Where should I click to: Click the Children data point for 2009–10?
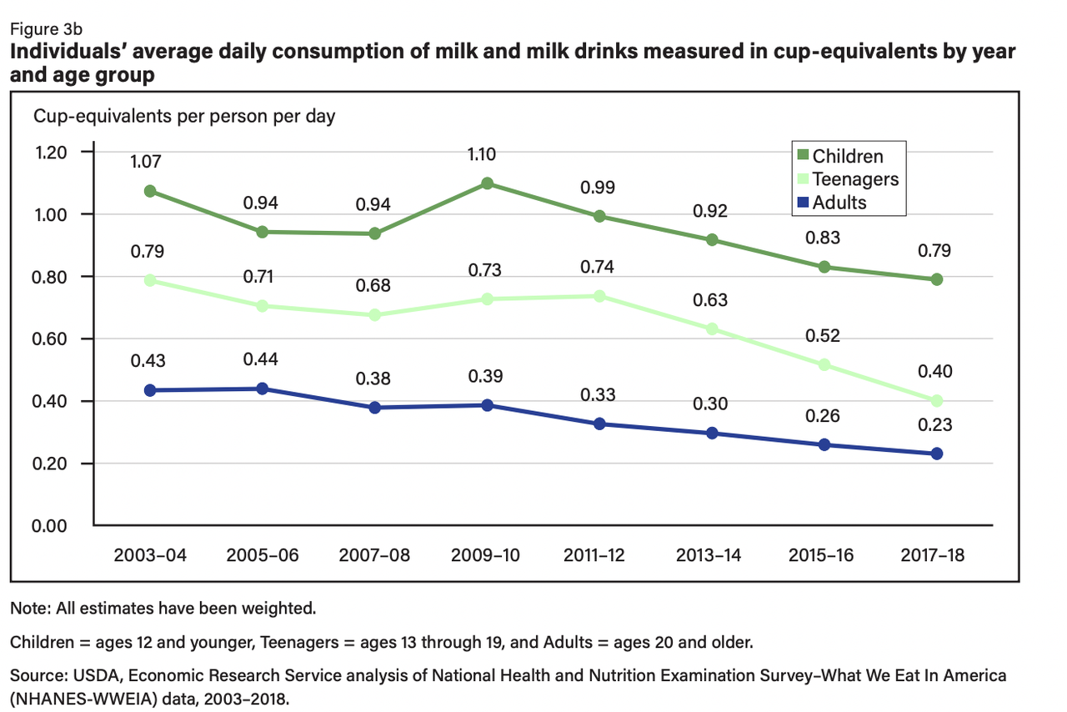pyautogui.click(x=488, y=183)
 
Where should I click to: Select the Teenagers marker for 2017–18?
pyautogui.click(x=936, y=401)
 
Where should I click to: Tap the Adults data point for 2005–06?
pyautogui.click(x=263, y=389)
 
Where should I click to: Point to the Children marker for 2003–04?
pyautogui.click(x=150, y=191)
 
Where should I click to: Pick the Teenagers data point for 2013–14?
pyautogui.click(x=712, y=329)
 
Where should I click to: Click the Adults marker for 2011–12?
pyautogui.click(x=599, y=424)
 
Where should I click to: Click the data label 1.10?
pyautogui.click(x=488, y=154)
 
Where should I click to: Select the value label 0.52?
pyautogui.click(x=824, y=337)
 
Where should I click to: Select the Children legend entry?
pyautogui.click(x=847, y=156)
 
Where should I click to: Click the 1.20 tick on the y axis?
pyautogui.click(x=51, y=153)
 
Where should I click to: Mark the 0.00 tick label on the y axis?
pyautogui.click(x=51, y=526)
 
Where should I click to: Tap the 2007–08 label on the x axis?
pyautogui.click(x=374, y=556)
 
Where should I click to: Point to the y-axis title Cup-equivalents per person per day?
pyautogui.click(x=184, y=116)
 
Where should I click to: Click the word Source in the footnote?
pyautogui.click(x=36, y=675)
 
